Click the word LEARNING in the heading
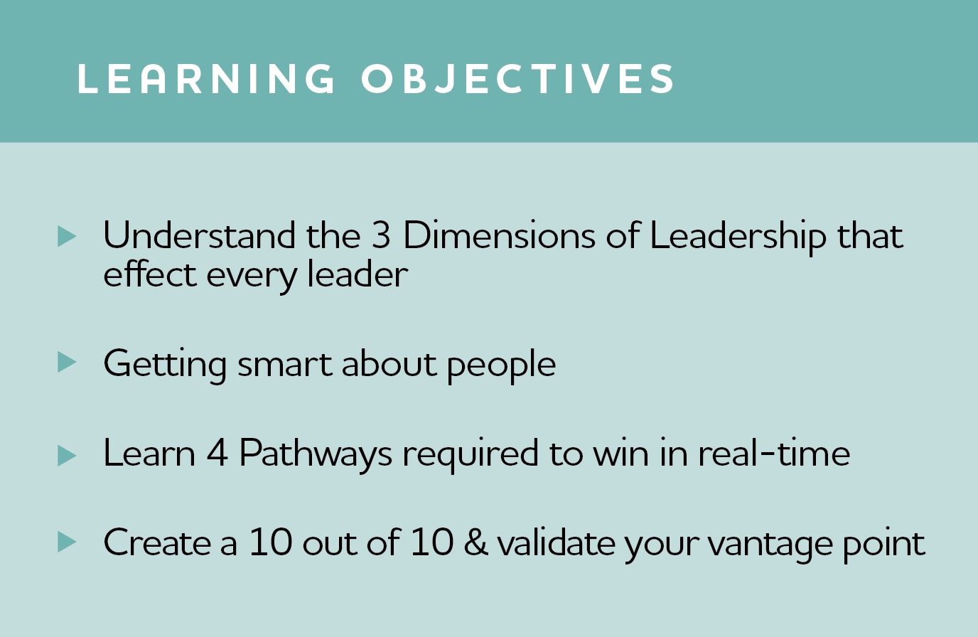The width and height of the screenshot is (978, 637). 206,79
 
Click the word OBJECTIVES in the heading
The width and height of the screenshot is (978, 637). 518,79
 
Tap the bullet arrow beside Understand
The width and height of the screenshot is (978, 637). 67,237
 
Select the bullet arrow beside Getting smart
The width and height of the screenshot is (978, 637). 67,363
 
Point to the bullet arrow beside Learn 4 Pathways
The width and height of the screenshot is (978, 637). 67,456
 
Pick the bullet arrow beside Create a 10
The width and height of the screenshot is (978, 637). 67,542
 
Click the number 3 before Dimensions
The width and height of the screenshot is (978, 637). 381,235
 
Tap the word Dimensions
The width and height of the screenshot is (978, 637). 499,235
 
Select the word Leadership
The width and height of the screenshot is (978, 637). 738,238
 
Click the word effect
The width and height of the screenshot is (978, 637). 150,273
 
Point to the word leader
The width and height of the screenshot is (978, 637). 358,273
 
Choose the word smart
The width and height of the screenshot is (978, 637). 285,365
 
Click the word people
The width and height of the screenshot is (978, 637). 501,366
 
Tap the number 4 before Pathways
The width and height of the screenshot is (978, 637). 217,453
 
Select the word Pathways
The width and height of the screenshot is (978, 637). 316,456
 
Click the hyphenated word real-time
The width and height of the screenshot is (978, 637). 774,452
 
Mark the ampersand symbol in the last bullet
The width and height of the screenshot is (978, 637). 476,542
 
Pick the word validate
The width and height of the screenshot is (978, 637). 556,542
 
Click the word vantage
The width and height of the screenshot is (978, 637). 770,545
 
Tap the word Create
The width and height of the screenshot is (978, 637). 158,542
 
